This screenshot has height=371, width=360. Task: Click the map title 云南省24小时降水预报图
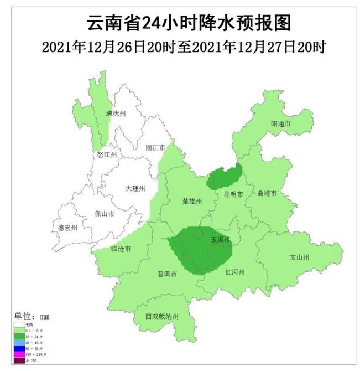click(181, 23)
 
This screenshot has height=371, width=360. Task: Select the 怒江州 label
click(107, 155)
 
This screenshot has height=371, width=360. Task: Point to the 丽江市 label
click(155, 148)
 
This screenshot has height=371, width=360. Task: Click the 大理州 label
click(135, 189)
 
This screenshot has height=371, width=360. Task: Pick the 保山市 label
click(105, 213)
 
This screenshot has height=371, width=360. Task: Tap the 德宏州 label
click(68, 228)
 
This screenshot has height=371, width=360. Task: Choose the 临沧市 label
click(121, 249)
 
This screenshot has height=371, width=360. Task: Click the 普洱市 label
click(166, 274)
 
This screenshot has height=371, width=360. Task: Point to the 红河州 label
click(234, 272)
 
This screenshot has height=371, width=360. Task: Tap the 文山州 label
click(299, 257)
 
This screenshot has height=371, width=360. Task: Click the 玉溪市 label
click(220, 240)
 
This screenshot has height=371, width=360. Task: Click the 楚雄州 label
click(193, 201)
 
